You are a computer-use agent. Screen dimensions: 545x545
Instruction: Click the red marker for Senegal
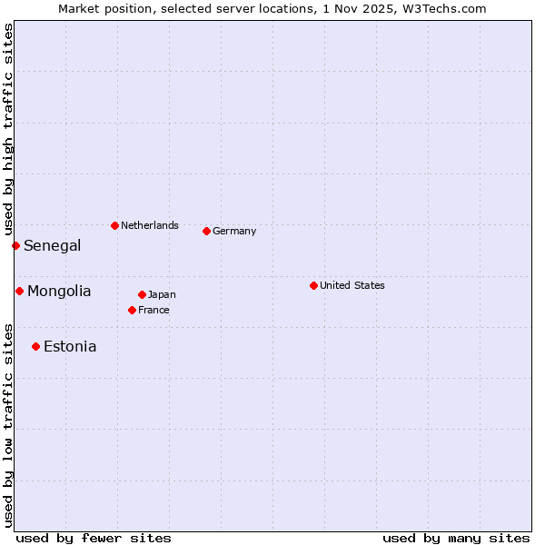tap(15, 245)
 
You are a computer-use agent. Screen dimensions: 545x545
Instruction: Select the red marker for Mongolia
tap(19, 291)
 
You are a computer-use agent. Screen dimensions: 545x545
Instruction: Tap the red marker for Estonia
tap(35, 346)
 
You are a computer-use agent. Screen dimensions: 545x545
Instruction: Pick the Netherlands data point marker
tap(114, 225)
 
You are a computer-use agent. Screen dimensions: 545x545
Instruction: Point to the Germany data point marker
tap(206, 231)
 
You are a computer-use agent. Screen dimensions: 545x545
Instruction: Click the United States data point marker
tap(313, 285)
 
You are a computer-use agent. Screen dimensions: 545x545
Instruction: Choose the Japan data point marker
tap(142, 294)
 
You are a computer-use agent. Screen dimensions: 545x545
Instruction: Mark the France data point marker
tap(132, 310)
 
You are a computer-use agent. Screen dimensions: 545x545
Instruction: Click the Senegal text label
tap(53, 245)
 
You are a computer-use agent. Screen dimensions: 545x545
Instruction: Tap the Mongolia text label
tap(59, 291)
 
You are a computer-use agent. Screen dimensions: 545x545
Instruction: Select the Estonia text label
tap(70, 346)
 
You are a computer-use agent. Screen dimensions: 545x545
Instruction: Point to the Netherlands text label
tap(150, 225)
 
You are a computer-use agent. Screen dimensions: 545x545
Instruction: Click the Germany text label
tap(234, 231)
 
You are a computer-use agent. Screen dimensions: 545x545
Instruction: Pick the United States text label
tap(352, 285)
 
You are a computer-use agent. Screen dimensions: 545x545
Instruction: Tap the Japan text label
tap(162, 294)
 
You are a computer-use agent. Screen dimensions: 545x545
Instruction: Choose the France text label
tap(154, 310)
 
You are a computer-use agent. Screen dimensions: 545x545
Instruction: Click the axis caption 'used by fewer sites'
tap(94, 538)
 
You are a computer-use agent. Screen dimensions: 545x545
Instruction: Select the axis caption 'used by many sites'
tap(456, 538)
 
